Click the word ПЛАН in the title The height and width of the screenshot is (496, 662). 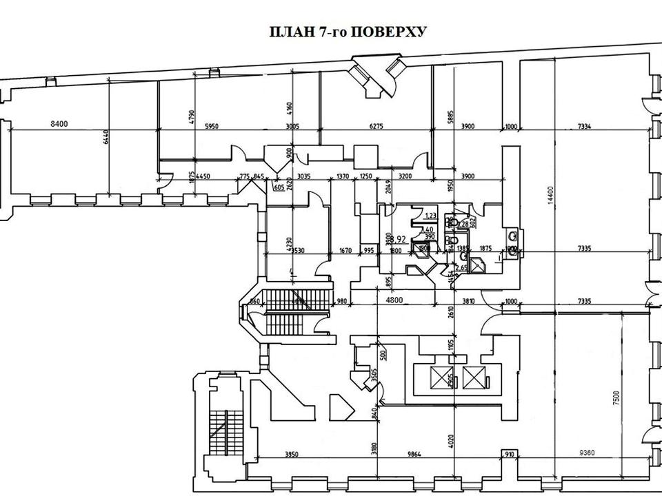[x=283, y=32]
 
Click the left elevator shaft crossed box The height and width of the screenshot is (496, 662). [x=439, y=376]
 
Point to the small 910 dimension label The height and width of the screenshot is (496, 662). [x=510, y=455]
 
